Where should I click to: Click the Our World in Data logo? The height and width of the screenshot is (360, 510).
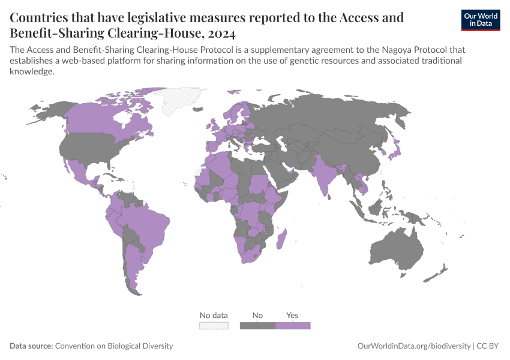pos(480,20)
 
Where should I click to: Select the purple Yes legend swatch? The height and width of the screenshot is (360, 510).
pos(292,325)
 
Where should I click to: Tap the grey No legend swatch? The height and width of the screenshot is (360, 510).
pos(257,325)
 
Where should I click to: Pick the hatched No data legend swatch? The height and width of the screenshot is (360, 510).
pos(214,325)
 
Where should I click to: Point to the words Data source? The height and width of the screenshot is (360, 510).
pos(31,346)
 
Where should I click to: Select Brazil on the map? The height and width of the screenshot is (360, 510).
pos(147,223)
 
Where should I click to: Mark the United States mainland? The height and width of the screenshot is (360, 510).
pos(90,148)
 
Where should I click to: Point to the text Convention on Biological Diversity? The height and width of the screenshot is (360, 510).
pos(114,346)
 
